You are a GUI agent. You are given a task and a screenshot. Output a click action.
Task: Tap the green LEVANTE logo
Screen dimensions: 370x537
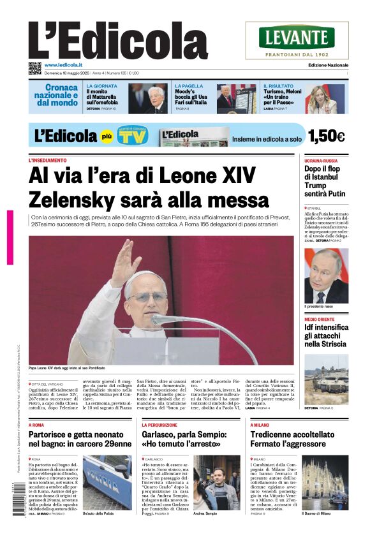click(297, 38)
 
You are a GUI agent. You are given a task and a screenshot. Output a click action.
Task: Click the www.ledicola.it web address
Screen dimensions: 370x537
click(63, 65)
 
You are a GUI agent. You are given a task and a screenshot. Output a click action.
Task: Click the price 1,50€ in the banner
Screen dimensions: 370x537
click(326, 136)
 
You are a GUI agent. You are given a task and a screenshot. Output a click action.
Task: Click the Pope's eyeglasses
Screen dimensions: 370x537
click(148, 297)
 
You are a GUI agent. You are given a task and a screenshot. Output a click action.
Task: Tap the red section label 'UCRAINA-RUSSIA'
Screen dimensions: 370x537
click(321, 161)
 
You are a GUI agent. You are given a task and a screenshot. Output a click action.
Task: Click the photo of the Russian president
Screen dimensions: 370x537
click(326, 276)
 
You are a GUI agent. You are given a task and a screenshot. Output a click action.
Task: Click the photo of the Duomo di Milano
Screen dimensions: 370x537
click(325, 482)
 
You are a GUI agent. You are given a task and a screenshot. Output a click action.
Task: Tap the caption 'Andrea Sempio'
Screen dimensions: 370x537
click(205, 513)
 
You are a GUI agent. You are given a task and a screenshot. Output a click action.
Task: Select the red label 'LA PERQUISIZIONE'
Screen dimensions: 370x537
click(160, 425)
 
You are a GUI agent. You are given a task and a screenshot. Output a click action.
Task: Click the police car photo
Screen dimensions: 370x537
click(107, 482)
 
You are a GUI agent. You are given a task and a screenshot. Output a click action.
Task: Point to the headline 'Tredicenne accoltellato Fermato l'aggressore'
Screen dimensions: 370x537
click(292, 439)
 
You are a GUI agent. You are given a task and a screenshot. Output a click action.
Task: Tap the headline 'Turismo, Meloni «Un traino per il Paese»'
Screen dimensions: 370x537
click(281, 98)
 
